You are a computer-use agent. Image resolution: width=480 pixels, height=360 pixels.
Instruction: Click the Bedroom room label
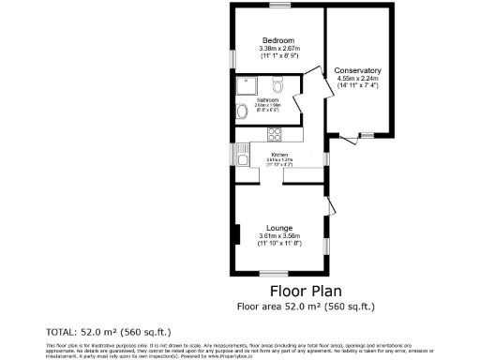[x=278, y=40]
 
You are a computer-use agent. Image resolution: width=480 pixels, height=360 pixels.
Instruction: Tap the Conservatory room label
[x=357, y=70]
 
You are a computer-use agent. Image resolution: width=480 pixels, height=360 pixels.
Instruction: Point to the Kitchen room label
[x=279, y=155]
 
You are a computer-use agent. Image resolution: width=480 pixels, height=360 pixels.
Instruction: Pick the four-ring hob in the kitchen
[x=275, y=131]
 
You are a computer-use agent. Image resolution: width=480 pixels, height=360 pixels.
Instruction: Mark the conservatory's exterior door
[x=348, y=140]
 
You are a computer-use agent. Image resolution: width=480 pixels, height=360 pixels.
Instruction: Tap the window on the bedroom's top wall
[x=278, y=6]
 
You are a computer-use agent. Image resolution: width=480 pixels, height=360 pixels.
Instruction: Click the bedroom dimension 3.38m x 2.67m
[x=278, y=49]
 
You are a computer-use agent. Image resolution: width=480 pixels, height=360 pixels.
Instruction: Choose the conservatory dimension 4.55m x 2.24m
[x=357, y=79]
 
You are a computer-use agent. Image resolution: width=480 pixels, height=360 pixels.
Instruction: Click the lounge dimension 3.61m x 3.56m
[x=278, y=235]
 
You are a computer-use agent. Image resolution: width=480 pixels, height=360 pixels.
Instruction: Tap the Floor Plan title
[x=304, y=290]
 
